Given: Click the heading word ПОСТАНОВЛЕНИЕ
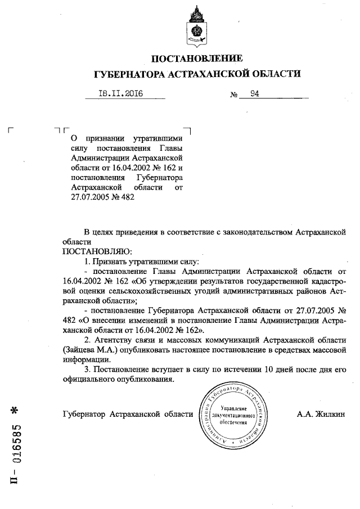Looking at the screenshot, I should (x=197, y=58).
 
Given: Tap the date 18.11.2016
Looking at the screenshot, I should (x=120, y=94).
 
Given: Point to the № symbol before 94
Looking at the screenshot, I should (x=234, y=95).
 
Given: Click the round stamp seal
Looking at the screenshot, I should (x=233, y=415).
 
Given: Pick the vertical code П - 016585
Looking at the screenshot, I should (x=16, y=451).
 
